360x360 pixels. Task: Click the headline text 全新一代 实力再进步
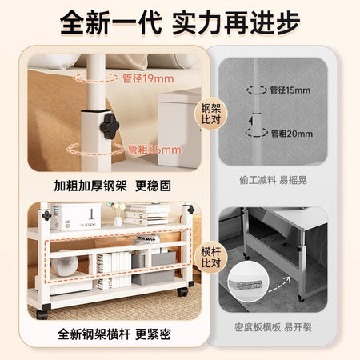[180, 23]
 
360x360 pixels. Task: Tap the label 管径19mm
[148, 78]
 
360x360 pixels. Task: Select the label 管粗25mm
[154, 150]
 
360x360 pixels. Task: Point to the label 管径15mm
[290, 90]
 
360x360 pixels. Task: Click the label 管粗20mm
[292, 134]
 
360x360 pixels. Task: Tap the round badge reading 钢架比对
[210, 114]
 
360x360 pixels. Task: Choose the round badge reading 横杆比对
[210, 258]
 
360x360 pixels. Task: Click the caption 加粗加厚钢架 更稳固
[112, 186]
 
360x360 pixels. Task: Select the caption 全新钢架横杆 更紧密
[114, 334]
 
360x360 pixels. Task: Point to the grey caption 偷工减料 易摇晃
[273, 180]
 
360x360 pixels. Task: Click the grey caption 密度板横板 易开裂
[273, 327]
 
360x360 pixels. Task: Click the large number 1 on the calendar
[91, 214]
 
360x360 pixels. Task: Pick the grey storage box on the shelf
[154, 268]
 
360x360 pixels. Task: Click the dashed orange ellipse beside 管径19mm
[96, 78]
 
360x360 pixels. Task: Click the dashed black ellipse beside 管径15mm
[257, 90]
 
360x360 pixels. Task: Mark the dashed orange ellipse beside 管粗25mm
[95, 149]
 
